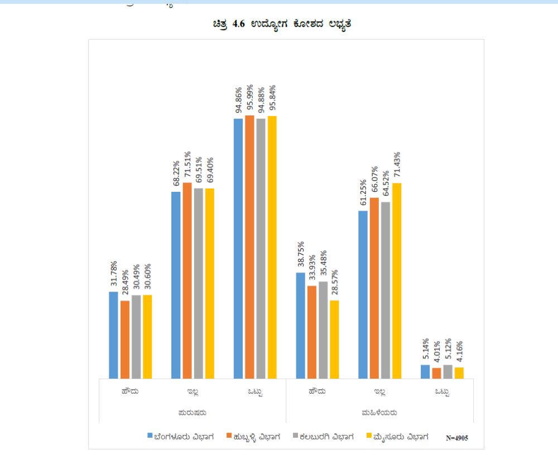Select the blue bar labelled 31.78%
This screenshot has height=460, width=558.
tap(113, 335)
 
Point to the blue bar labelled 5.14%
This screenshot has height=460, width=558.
tap(425, 372)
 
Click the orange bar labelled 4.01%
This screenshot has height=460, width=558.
tap(436, 373)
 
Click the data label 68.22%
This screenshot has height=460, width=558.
tap(176, 174)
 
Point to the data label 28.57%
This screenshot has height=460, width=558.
tap(334, 282)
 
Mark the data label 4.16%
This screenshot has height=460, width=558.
tap(459, 353)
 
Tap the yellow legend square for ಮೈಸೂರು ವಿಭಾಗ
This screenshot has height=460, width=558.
tap(369, 436)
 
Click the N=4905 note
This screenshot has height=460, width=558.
tap(457, 438)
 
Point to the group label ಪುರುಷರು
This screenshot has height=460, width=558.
tap(193, 413)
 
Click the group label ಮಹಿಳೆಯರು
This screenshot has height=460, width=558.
tap(379, 413)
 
